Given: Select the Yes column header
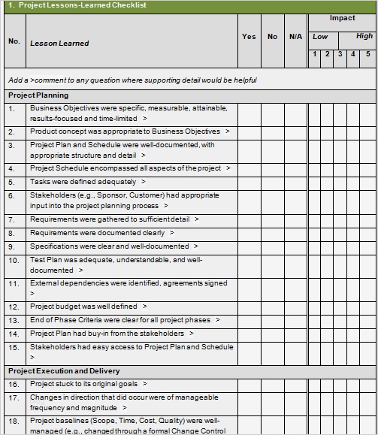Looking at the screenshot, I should click(x=249, y=36).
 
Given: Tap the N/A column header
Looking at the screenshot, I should click(x=295, y=36).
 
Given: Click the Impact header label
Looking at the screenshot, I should click(x=342, y=18).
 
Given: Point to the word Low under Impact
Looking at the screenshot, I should click(x=320, y=36).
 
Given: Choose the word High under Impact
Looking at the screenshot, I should click(x=364, y=36).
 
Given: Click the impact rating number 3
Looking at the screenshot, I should click(x=340, y=53).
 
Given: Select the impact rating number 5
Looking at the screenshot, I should click(x=367, y=53).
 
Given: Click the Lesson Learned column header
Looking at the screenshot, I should click(x=59, y=43).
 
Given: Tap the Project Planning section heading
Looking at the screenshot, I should click(x=38, y=95).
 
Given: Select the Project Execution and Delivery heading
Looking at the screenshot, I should click(x=64, y=371).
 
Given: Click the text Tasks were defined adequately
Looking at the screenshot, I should click(x=83, y=182).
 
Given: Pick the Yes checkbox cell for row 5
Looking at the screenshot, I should click(x=249, y=182).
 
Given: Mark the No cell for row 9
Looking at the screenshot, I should click(x=272, y=246).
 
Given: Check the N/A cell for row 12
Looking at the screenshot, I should click(x=295, y=307).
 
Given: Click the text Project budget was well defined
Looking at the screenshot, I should click(x=83, y=307).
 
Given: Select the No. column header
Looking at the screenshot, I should click(x=14, y=41).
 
